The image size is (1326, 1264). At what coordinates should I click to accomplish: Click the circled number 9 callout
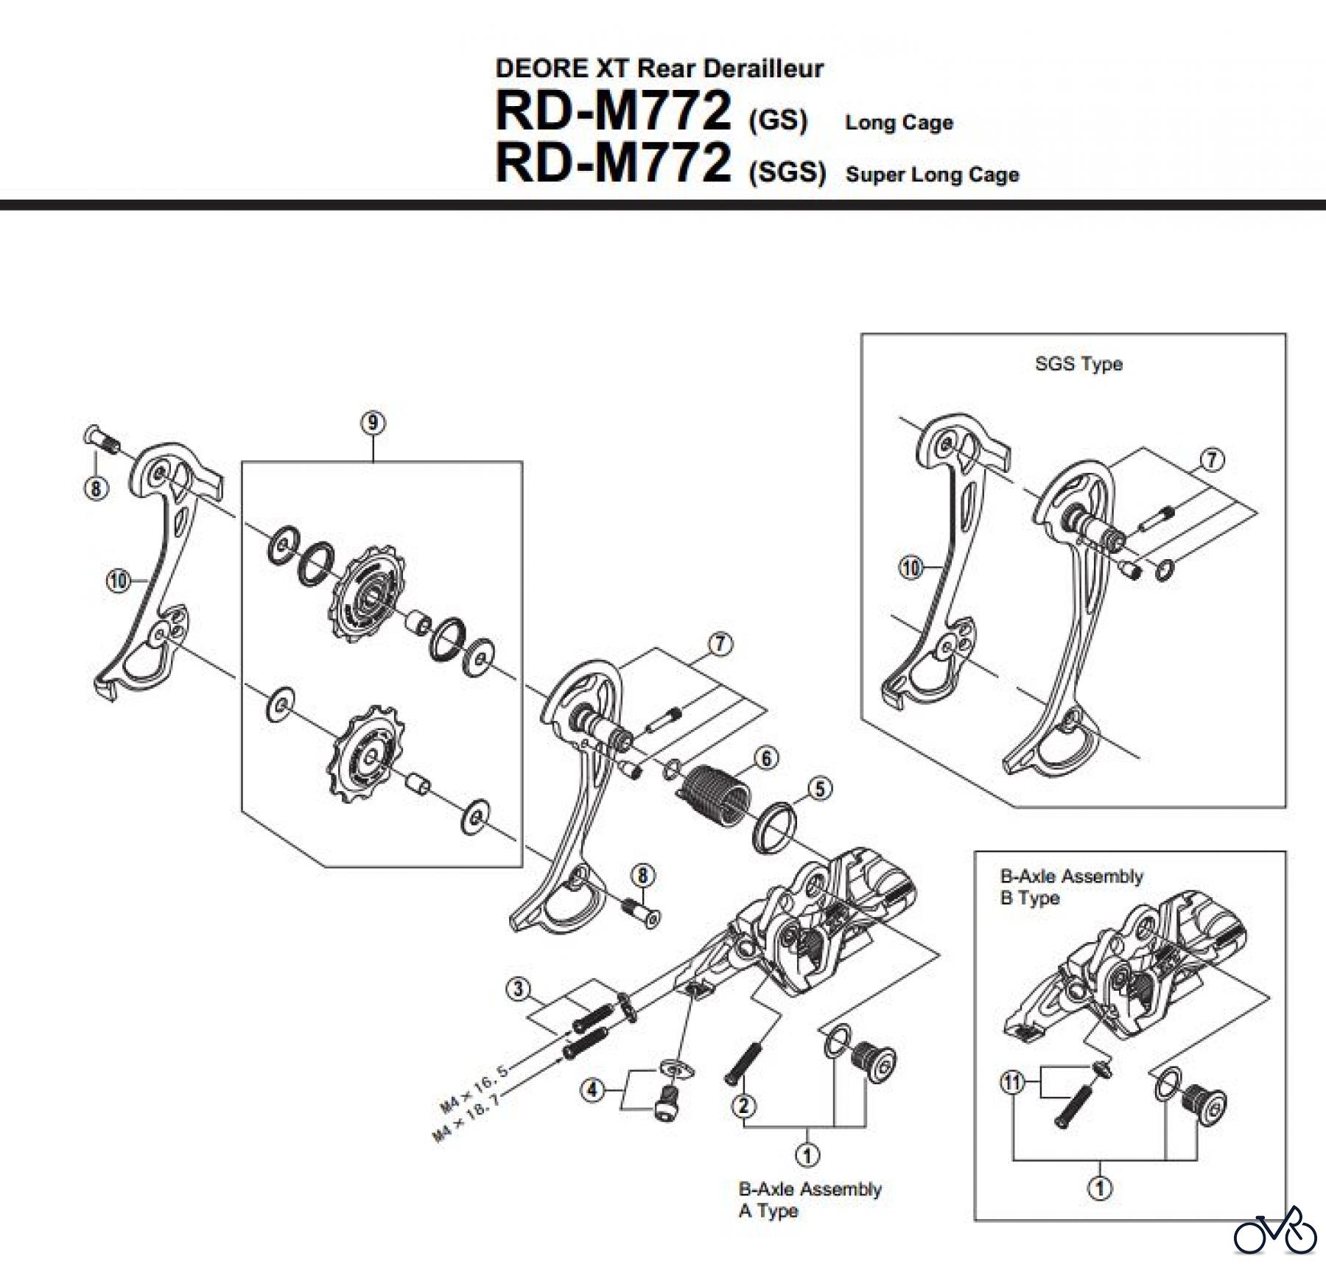373,423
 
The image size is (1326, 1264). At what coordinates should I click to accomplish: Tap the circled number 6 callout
766,758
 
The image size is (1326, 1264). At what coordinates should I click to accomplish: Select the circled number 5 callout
820,789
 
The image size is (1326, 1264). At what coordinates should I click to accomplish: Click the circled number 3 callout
519,989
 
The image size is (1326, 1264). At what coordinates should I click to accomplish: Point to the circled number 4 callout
593,1089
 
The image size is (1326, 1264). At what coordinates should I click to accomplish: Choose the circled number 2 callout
744,1105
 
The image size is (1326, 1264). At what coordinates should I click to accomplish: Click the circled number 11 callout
1012,1083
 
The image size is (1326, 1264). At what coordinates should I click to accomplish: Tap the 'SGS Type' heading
1078,364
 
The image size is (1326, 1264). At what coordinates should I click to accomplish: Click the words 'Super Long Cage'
932,175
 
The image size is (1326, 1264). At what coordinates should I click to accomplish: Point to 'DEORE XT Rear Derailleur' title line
659,69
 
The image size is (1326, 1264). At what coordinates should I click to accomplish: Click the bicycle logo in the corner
1275,1230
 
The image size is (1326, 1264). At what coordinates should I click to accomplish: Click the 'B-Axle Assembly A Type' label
809,1200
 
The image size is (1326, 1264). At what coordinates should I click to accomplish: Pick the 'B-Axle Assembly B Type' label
1070,887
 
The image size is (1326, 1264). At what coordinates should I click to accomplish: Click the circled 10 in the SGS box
911,567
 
